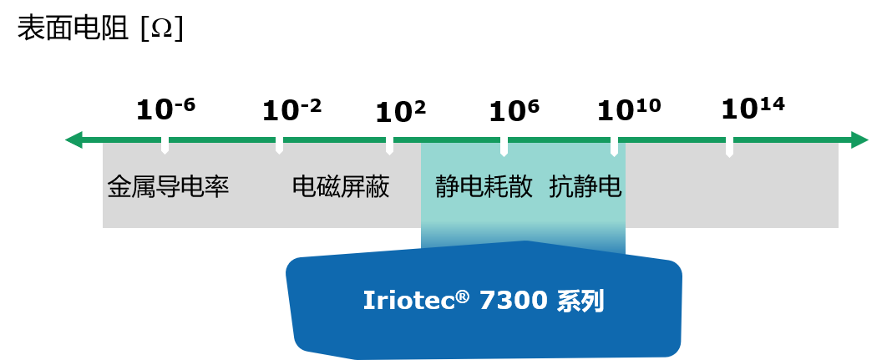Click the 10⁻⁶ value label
pyautogui.click(x=165, y=109)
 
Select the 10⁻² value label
pyautogui.click(x=291, y=110)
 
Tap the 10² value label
pyautogui.click(x=400, y=112)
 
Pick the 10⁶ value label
pyautogui.click(x=514, y=110)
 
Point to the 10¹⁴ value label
pyautogui.click(x=753, y=109)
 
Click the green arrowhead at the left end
pyautogui.click(x=73, y=139)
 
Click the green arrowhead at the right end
pyautogui.click(x=860, y=139)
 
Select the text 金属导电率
pyautogui.click(x=168, y=187)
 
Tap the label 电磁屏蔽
pyautogui.click(x=341, y=187)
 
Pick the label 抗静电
pyautogui.click(x=585, y=187)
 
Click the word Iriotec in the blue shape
pyautogui.click(x=408, y=301)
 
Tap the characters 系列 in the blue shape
pyautogui.click(x=580, y=301)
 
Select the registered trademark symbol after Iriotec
pyautogui.click(x=462, y=296)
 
